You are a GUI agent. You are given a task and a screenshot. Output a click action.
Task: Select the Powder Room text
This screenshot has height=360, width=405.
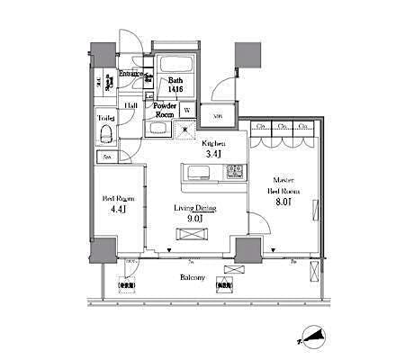[163, 111]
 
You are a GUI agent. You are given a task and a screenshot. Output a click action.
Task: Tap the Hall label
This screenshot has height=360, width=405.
[130, 104]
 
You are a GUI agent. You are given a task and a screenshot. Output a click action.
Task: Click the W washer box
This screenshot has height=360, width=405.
[187, 111]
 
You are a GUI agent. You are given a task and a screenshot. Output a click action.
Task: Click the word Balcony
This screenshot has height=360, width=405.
[190, 277]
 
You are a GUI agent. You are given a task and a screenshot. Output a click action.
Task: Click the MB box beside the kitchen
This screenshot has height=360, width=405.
[219, 116]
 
